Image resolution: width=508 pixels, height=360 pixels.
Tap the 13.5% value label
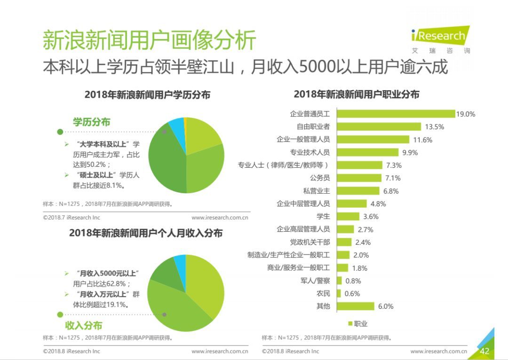pyautogui.click(x=434, y=127)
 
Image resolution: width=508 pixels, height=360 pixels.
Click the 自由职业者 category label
pyautogui.click(x=313, y=126)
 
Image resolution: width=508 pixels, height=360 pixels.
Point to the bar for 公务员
pyautogui.click(x=359, y=178)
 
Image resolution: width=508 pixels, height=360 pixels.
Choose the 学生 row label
pyautogui.click(x=323, y=216)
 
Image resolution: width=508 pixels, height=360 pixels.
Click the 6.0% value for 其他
pyautogui.click(x=385, y=306)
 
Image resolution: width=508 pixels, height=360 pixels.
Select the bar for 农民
pyautogui.click(x=339, y=293)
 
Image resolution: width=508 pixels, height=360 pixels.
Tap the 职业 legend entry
pyautogui.click(x=358, y=323)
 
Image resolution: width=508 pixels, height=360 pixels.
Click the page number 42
pyautogui.click(x=484, y=351)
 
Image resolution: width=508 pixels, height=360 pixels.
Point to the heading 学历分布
pyautogui.click(x=91, y=122)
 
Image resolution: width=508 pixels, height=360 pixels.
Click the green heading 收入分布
pyautogui.click(x=84, y=325)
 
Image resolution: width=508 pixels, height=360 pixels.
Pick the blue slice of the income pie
pyautogui.click(x=180, y=262)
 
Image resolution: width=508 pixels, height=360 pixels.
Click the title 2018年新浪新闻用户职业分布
pyautogui.click(x=356, y=94)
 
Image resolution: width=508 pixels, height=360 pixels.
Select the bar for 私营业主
pyautogui.click(x=358, y=191)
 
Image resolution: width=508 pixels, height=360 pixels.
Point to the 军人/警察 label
pyautogui.click(x=315, y=281)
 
